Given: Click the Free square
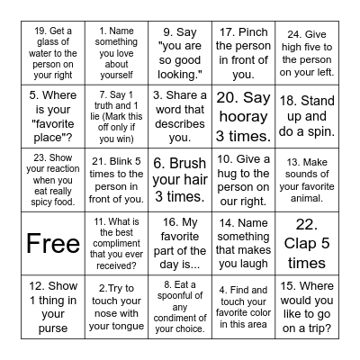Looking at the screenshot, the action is click(x=54, y=243).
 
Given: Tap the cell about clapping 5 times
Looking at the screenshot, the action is click(x=307, y=243).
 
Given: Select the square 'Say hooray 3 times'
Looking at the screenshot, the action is click(x=244, y=117).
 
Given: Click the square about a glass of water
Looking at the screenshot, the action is click(x=54, y=55).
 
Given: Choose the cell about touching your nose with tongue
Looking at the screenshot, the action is click(x=117, y=305).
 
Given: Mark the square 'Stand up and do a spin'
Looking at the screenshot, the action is click(x=307, y=117).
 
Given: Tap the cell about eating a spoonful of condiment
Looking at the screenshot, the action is click(x=180, y=305).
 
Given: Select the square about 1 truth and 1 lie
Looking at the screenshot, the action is click(x=117, y=117).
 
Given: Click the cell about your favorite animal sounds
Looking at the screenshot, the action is click(x=307, y=179).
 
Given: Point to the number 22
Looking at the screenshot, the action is click(x=307, y=224).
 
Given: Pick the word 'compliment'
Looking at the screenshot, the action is click(x=117, y=243).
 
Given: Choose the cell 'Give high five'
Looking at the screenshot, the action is click(x=307, y=55).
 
